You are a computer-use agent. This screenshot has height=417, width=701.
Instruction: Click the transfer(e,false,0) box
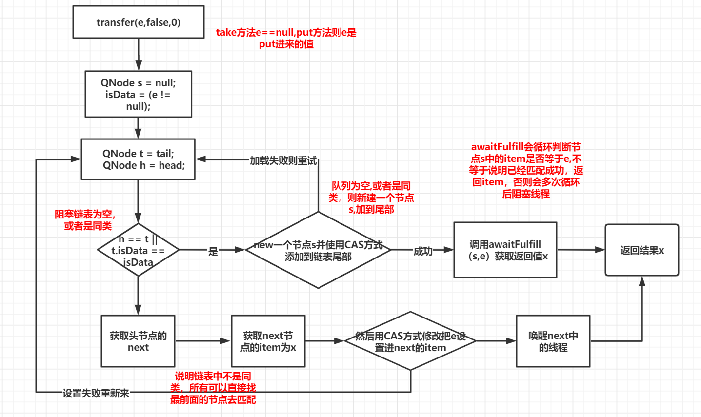(x=139, y=22)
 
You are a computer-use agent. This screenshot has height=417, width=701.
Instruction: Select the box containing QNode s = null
(x=139, y=95)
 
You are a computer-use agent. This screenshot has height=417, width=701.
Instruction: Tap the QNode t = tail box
(x=139, y=159)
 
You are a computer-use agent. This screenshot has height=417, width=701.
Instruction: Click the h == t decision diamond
(x=139, y=250)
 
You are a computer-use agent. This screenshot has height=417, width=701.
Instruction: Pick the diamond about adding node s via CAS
(x=318, y=250)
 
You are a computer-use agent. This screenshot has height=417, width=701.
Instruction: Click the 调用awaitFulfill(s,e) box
(x=505, y=250)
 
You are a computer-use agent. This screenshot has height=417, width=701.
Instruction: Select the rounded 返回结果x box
(x=641, y=250)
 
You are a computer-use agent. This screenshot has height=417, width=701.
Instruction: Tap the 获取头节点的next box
(x=138, y=341)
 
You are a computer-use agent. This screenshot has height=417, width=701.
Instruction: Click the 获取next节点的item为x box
(x=268, y=341)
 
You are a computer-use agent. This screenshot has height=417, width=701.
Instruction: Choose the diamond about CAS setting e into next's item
(x=410, y=341)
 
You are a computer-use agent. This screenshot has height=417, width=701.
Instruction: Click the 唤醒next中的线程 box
(x=553, y=341)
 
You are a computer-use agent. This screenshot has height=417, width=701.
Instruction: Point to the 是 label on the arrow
(x=213, y=251)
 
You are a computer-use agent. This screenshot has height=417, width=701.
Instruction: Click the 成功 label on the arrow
(x=423, y=251)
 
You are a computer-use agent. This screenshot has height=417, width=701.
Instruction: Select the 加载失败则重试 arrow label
(x=283, y=160)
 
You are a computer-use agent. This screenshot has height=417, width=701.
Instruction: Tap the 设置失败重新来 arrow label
(x=96, y=393)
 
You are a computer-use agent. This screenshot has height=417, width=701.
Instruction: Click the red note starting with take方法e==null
(x=286, y=38)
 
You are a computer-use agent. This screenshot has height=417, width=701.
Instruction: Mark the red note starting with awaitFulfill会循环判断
(x=526, y=170)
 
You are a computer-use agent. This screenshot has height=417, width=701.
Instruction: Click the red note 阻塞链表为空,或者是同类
(x=85, y=220)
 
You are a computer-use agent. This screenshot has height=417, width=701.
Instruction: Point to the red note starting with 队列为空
(x=371, y=198)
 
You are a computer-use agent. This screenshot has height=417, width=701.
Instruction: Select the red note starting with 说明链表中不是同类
(x=213, y=388)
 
